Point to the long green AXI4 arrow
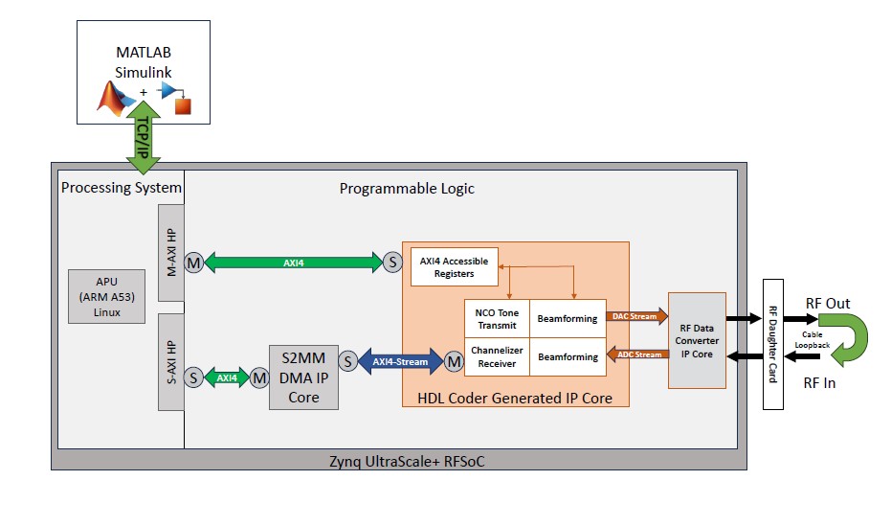pos(294,262)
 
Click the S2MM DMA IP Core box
pos(303,377)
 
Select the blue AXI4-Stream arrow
pos(401,361)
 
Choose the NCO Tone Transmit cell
pos(496,318)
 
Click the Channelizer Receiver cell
pos(496,357)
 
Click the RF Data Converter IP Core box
pos(697,340)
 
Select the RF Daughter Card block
pos(773,344)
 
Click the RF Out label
pos(828,303)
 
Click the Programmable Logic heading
pos(407,189)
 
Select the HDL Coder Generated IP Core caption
pos(516,398)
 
